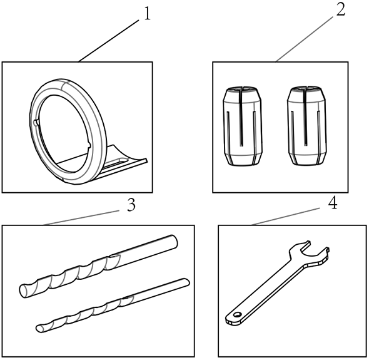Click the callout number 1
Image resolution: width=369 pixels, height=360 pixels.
coord(147,14)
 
